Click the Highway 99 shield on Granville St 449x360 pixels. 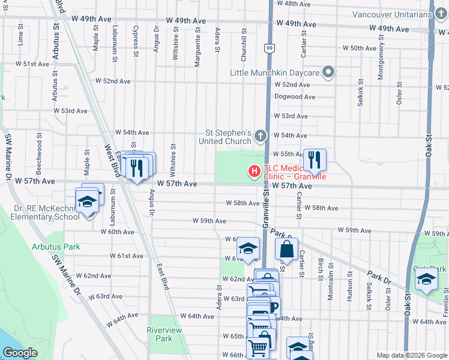(x=270, y=47)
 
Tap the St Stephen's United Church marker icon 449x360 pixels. (x=261, y=135)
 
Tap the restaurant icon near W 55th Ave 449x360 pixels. (x=315, y=160)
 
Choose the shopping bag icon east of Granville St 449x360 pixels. (x=287, y=248)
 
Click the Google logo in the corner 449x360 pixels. (x=20, y=353)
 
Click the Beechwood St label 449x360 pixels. (x=40, y=146)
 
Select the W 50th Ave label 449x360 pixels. (x=359, y=48)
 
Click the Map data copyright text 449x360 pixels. (x=411, y=355)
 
